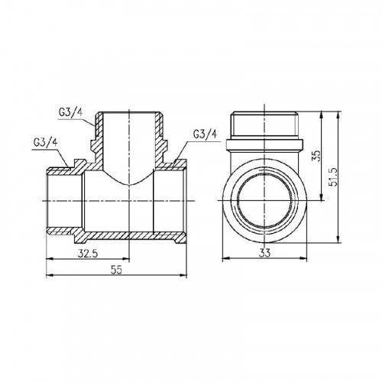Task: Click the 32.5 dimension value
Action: coord(87,254)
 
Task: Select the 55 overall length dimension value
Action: coord(116,270)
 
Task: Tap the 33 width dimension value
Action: coord(264,254)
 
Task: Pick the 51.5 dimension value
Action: coord(333,176)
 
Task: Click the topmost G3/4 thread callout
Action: coord(70,113)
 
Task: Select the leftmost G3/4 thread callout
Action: coord(45,143)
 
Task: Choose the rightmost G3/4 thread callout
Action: coord(206,134)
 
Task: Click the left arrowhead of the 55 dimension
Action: coord(49,275)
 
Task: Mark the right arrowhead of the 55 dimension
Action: coord(184,275)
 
